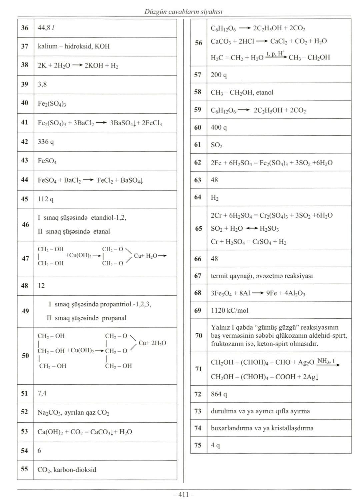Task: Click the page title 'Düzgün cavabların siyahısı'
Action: pyautogui.click(x=183, y=12)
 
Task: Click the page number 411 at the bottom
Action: pyautogui.click(x=183, y=495)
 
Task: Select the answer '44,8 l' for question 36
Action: pyautogui.click(x=46, y=28)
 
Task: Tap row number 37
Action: pyautogui.click(x=25, y=46)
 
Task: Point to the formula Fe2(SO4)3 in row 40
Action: pyautogui.click(x=52, y=104)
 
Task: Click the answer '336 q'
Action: pyautogui.click(x=46, y=142)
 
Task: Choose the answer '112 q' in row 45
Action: pyautogui.click(x=46, y=199)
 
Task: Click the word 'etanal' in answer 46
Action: pyautogui.click(x=102, y=231)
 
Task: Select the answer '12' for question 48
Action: pyautogui.click(x=41, y=286)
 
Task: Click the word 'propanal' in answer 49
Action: pyautogui.click(x=114, y=318)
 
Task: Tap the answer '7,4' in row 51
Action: pyautogui.click(x=42, y=393)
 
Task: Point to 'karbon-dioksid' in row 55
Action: pyautogui.click(x=75, y=470)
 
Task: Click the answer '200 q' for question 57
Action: pyautogui.click(x=219, y=75)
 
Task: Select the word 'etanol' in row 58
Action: pyautogui.click(x=265, y=92)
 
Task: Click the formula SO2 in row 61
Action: pyautogui.click(x=217, y=145)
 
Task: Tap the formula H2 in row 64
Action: pyautogui.click(x=215, y=198)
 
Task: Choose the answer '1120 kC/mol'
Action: pyautogui.click(x=230, y=310)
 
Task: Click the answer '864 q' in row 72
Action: pyautogui.click(x=219, y=394)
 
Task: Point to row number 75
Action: pyautogui.click(x=198, y=445)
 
